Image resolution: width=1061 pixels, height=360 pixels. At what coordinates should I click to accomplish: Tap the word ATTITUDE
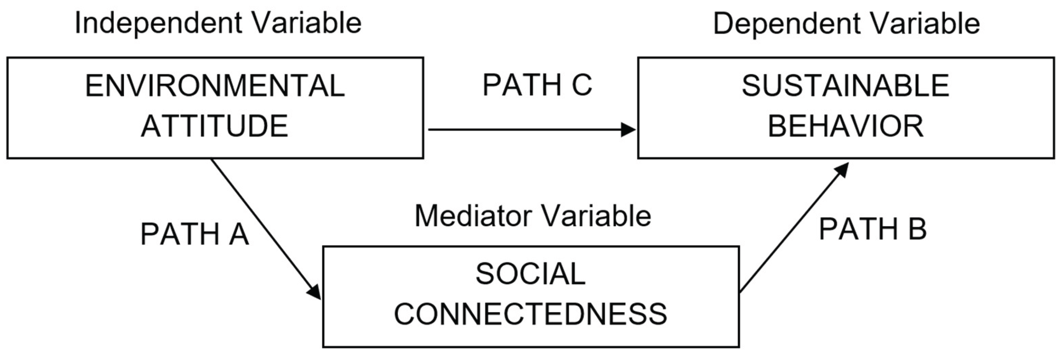215,127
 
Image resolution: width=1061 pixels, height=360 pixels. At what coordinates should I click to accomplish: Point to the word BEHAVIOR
846,127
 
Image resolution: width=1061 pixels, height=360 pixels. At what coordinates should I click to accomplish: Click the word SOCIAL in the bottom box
530,274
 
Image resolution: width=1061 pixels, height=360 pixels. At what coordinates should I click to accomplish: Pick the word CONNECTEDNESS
530,314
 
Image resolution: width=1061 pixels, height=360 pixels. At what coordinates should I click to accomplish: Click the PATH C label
537,85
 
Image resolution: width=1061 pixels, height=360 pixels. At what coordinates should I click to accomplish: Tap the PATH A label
195,234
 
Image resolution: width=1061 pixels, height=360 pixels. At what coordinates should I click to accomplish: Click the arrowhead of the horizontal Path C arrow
629,130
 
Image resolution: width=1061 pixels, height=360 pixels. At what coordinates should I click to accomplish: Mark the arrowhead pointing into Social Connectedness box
315,293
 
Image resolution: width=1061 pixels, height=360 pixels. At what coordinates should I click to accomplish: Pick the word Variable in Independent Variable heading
307,23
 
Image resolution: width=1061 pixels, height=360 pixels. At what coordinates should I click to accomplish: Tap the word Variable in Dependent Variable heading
925,24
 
